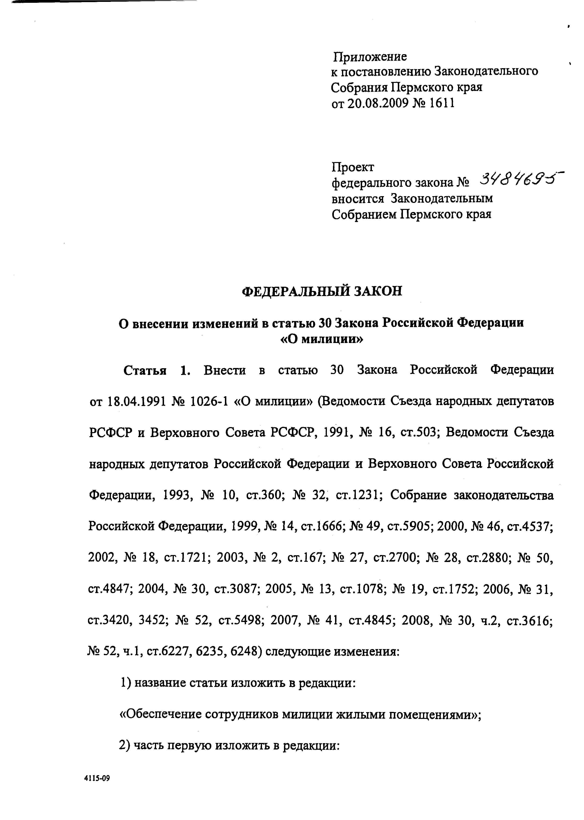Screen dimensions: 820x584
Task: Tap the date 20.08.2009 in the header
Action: (x=378, y=103)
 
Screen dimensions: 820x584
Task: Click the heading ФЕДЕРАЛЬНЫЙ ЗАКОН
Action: (x=322, y=291)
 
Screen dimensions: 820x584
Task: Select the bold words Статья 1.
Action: (x=156, y=370)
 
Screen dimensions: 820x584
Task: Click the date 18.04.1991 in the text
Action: (x=137, y=402)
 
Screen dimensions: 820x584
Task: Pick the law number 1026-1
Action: (x=209, y=402)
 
